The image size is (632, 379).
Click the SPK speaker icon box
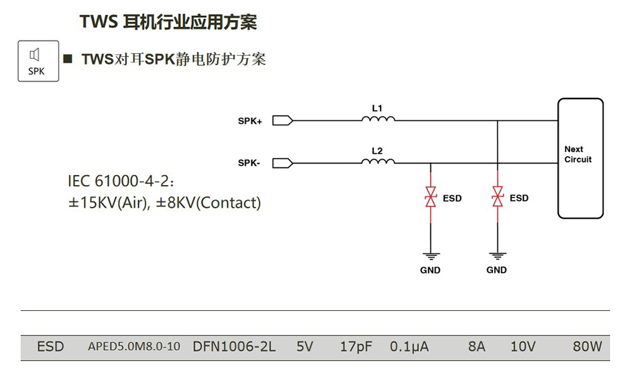[x=38, y=61]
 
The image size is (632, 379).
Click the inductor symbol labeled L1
[x=378, y=119]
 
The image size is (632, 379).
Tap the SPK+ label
[x=250, y=121]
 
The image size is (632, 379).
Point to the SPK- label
[x=249, y=164]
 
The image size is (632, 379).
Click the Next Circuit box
[x=580, y=158]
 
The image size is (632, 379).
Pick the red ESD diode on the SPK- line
[x=430, y=198]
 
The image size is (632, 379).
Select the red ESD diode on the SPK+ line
[x=497, y=198]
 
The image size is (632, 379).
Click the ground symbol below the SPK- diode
[x=430, y=256]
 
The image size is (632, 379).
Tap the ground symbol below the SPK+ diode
[x=497, y=256]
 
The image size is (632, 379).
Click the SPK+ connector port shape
[x=281, y=120]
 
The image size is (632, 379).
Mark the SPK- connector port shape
[x=281, y=163]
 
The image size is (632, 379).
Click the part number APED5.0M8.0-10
[x=134, y=347]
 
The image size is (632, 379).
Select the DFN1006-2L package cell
[x=234, y=347]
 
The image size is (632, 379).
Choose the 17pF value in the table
[x=355, y=347]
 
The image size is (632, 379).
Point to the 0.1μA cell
[x=409, y=347]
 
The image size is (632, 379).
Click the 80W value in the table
[x=587, y=347]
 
